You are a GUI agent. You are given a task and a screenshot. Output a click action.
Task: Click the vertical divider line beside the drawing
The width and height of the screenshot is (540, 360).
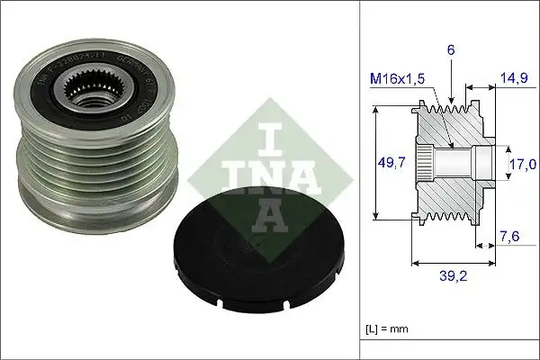click(359, 180)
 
